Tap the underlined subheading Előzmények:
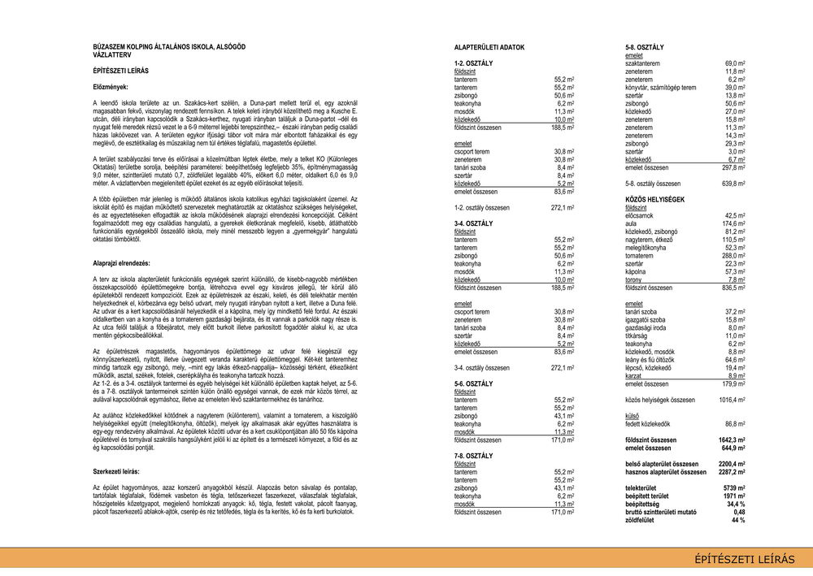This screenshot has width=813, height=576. [x=111, y=87]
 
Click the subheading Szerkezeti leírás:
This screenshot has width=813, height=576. [x=116, y=471]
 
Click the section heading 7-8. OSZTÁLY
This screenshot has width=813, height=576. [x=473, y=457]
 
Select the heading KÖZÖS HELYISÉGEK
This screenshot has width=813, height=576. [x=654, y=199]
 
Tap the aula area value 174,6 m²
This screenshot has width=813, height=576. [x=734, y=223]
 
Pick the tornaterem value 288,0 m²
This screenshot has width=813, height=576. [x=734, y=256]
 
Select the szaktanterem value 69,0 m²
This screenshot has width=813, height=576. [x=735, y=63]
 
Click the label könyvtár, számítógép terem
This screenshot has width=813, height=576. [x=660, y=88]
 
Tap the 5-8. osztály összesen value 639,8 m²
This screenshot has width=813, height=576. [x=733, y=184]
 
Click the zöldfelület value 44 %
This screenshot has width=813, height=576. [x=737, y=520]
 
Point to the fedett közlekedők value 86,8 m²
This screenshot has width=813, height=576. [x=734, y=424]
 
